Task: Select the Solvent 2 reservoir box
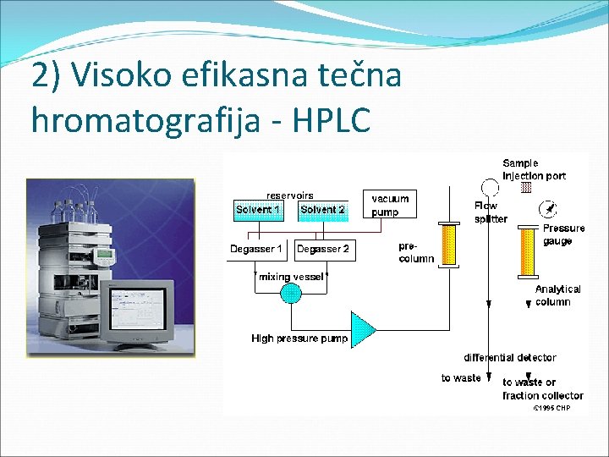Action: [x=323, y=210]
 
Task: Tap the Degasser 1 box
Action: [x=256, y=249]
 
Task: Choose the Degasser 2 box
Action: [x=322, y=249]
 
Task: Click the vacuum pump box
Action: [x=390, y=205]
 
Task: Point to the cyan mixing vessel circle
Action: [x=290, y=294]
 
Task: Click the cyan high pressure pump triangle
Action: [x=363, y=329]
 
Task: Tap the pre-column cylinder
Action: [x=448, y=245]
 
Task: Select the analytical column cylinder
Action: [x=529, y=253]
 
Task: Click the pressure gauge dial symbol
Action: [x=549, y=209]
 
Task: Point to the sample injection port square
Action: [x=526, y=187]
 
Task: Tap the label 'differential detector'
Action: [x=509, y=358]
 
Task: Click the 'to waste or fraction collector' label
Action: [x=542, y=388]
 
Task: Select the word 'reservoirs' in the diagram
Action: [x=289, y=195]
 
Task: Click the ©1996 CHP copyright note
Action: [x=551, y=408]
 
